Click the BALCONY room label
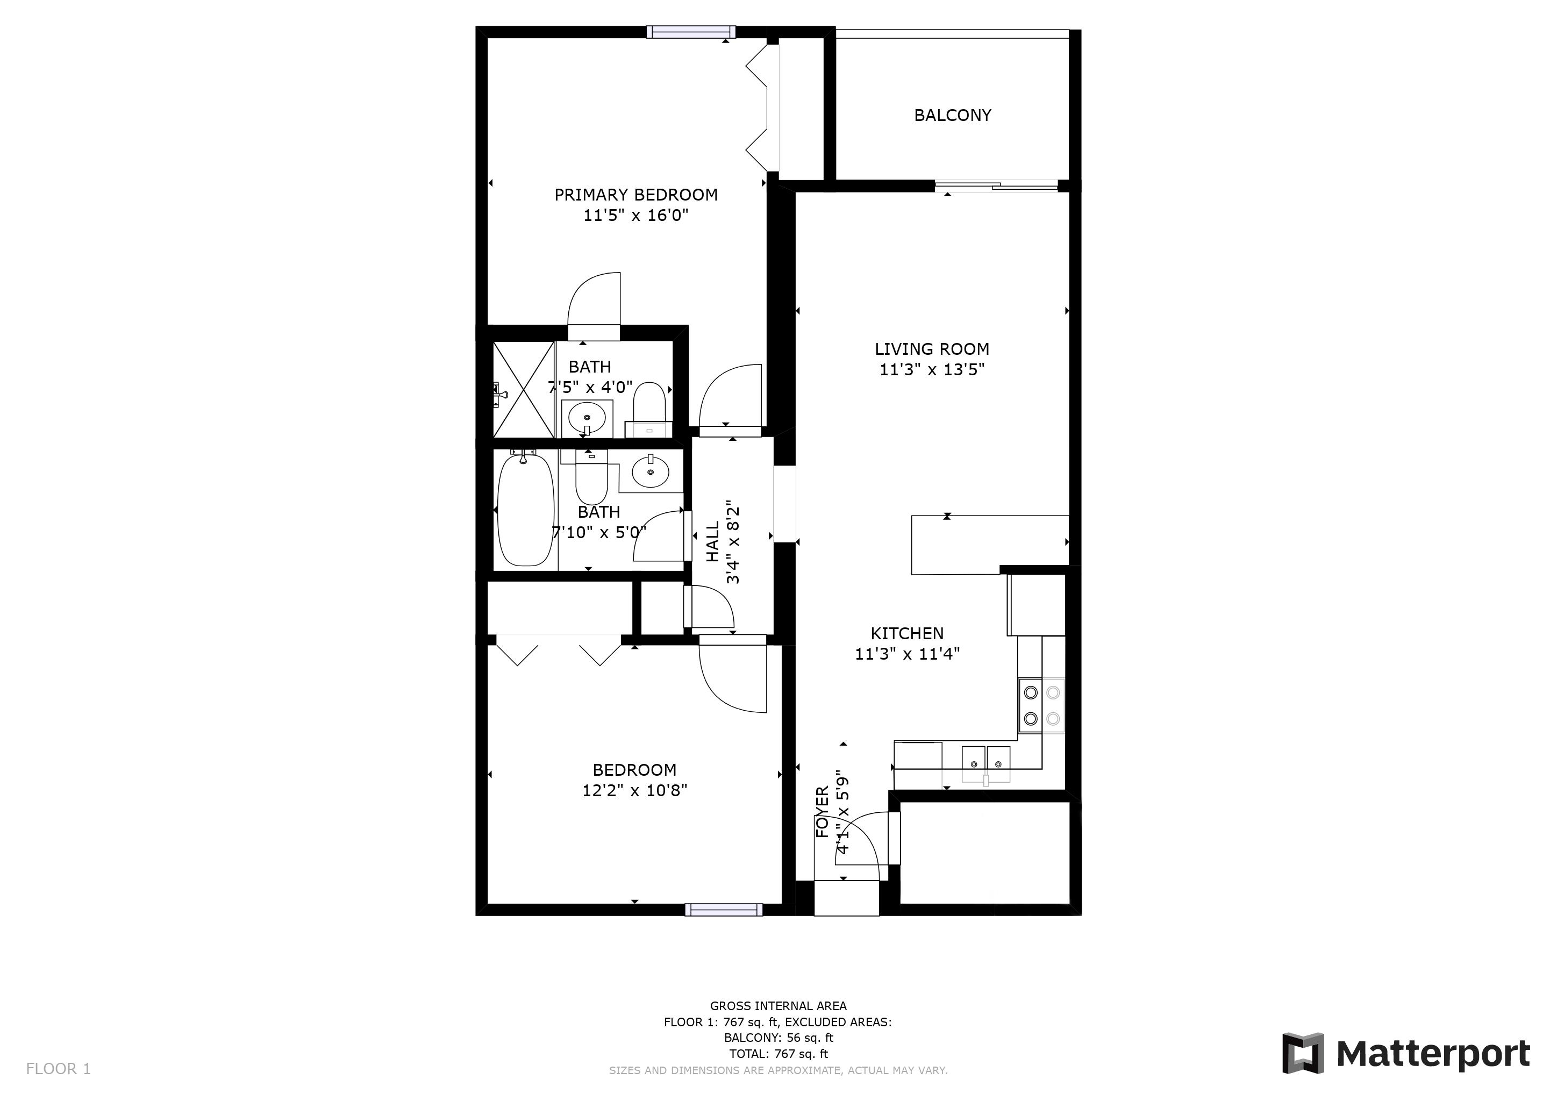[952, 115]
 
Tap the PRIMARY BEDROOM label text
[635, 195]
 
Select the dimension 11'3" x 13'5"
[932, 369]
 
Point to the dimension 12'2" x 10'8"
[635, 790]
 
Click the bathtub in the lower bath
[526, 510]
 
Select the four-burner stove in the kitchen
[1041, 705]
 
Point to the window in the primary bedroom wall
[691, 32]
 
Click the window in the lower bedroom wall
[724, 910]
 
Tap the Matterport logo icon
[1302, 1053]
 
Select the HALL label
[713, 542]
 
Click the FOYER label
[822, 812]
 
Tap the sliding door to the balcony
[996, 185]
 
